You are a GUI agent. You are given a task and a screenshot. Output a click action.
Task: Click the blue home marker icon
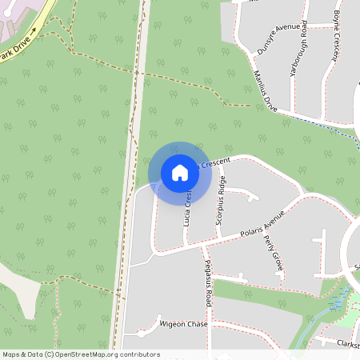tap(180, 173)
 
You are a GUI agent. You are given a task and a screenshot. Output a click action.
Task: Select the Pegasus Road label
tap(207, 283)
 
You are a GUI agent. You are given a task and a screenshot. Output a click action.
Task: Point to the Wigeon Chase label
tap(183, 324)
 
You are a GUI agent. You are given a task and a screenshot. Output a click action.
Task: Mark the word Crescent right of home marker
tap(215, 162)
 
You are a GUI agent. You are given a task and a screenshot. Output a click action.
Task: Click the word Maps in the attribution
tap(10, 354)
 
